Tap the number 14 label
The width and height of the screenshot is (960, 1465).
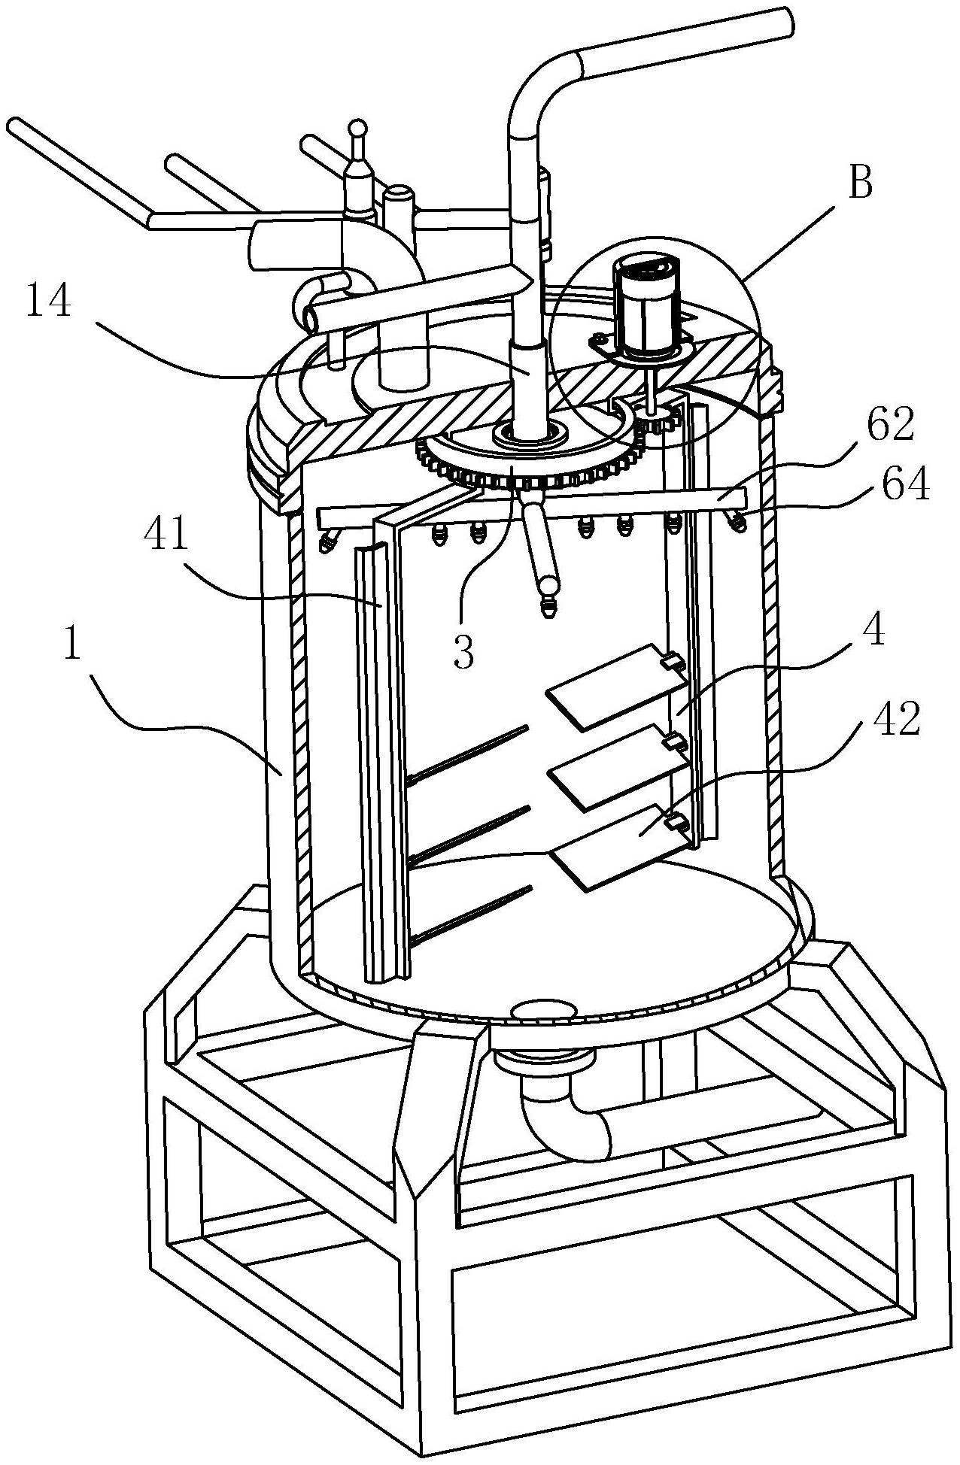coord(50,304)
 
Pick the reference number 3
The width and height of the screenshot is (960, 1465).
coord(464,653)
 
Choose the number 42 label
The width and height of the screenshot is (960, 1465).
coord(897,720)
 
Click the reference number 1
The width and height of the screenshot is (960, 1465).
coord(71,645)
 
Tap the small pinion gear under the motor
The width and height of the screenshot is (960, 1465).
coord(659,426)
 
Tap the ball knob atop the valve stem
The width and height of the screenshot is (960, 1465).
coord(360,129)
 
